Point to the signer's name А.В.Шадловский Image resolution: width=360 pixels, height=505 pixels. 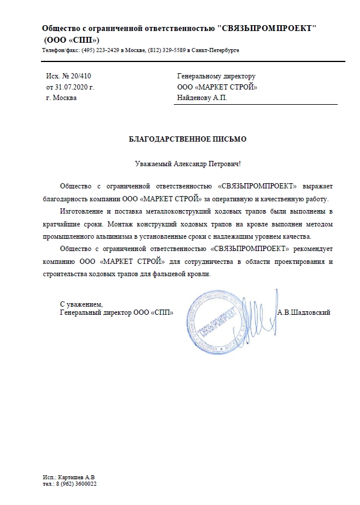[304, 312]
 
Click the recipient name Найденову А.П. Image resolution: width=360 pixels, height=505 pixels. [201, 97]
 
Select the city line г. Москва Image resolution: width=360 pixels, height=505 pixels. [61, 97]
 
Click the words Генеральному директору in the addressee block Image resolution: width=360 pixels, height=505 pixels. [216, 76]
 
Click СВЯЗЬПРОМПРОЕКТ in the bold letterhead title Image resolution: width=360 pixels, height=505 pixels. [270, 29]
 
